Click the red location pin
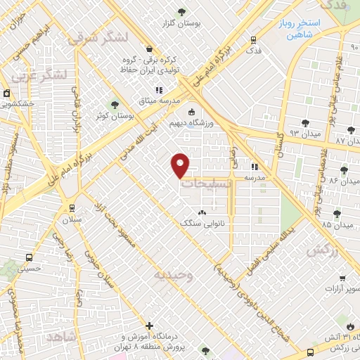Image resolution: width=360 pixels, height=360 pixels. pyautogui.click(x=181, y=165)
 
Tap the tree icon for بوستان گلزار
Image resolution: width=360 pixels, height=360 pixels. pyautogui.click(x=182, y=11)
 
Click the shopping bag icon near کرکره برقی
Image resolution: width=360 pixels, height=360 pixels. pyautogui.click(x=149, y=49)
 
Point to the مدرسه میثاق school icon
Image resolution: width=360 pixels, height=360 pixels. pyautogui.click(x=159, y=90)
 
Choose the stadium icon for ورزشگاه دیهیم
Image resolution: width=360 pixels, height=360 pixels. pyautogui.click(x=191, y=112)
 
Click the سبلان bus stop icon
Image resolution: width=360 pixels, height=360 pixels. pyautogui.click(x=70, y=208)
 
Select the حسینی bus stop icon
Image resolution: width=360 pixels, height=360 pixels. pyautogui.click(x=28, y=257)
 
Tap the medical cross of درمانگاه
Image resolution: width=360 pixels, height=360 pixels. pyautogui.click(x=149, y=326)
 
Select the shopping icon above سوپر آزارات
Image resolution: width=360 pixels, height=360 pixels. pyautogui.click(x=342, y=278)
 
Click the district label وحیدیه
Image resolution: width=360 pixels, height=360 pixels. pyautogui.click(x=174, y=274)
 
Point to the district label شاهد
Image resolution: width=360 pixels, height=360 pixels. pyautogui.click(x=65, y=337)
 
